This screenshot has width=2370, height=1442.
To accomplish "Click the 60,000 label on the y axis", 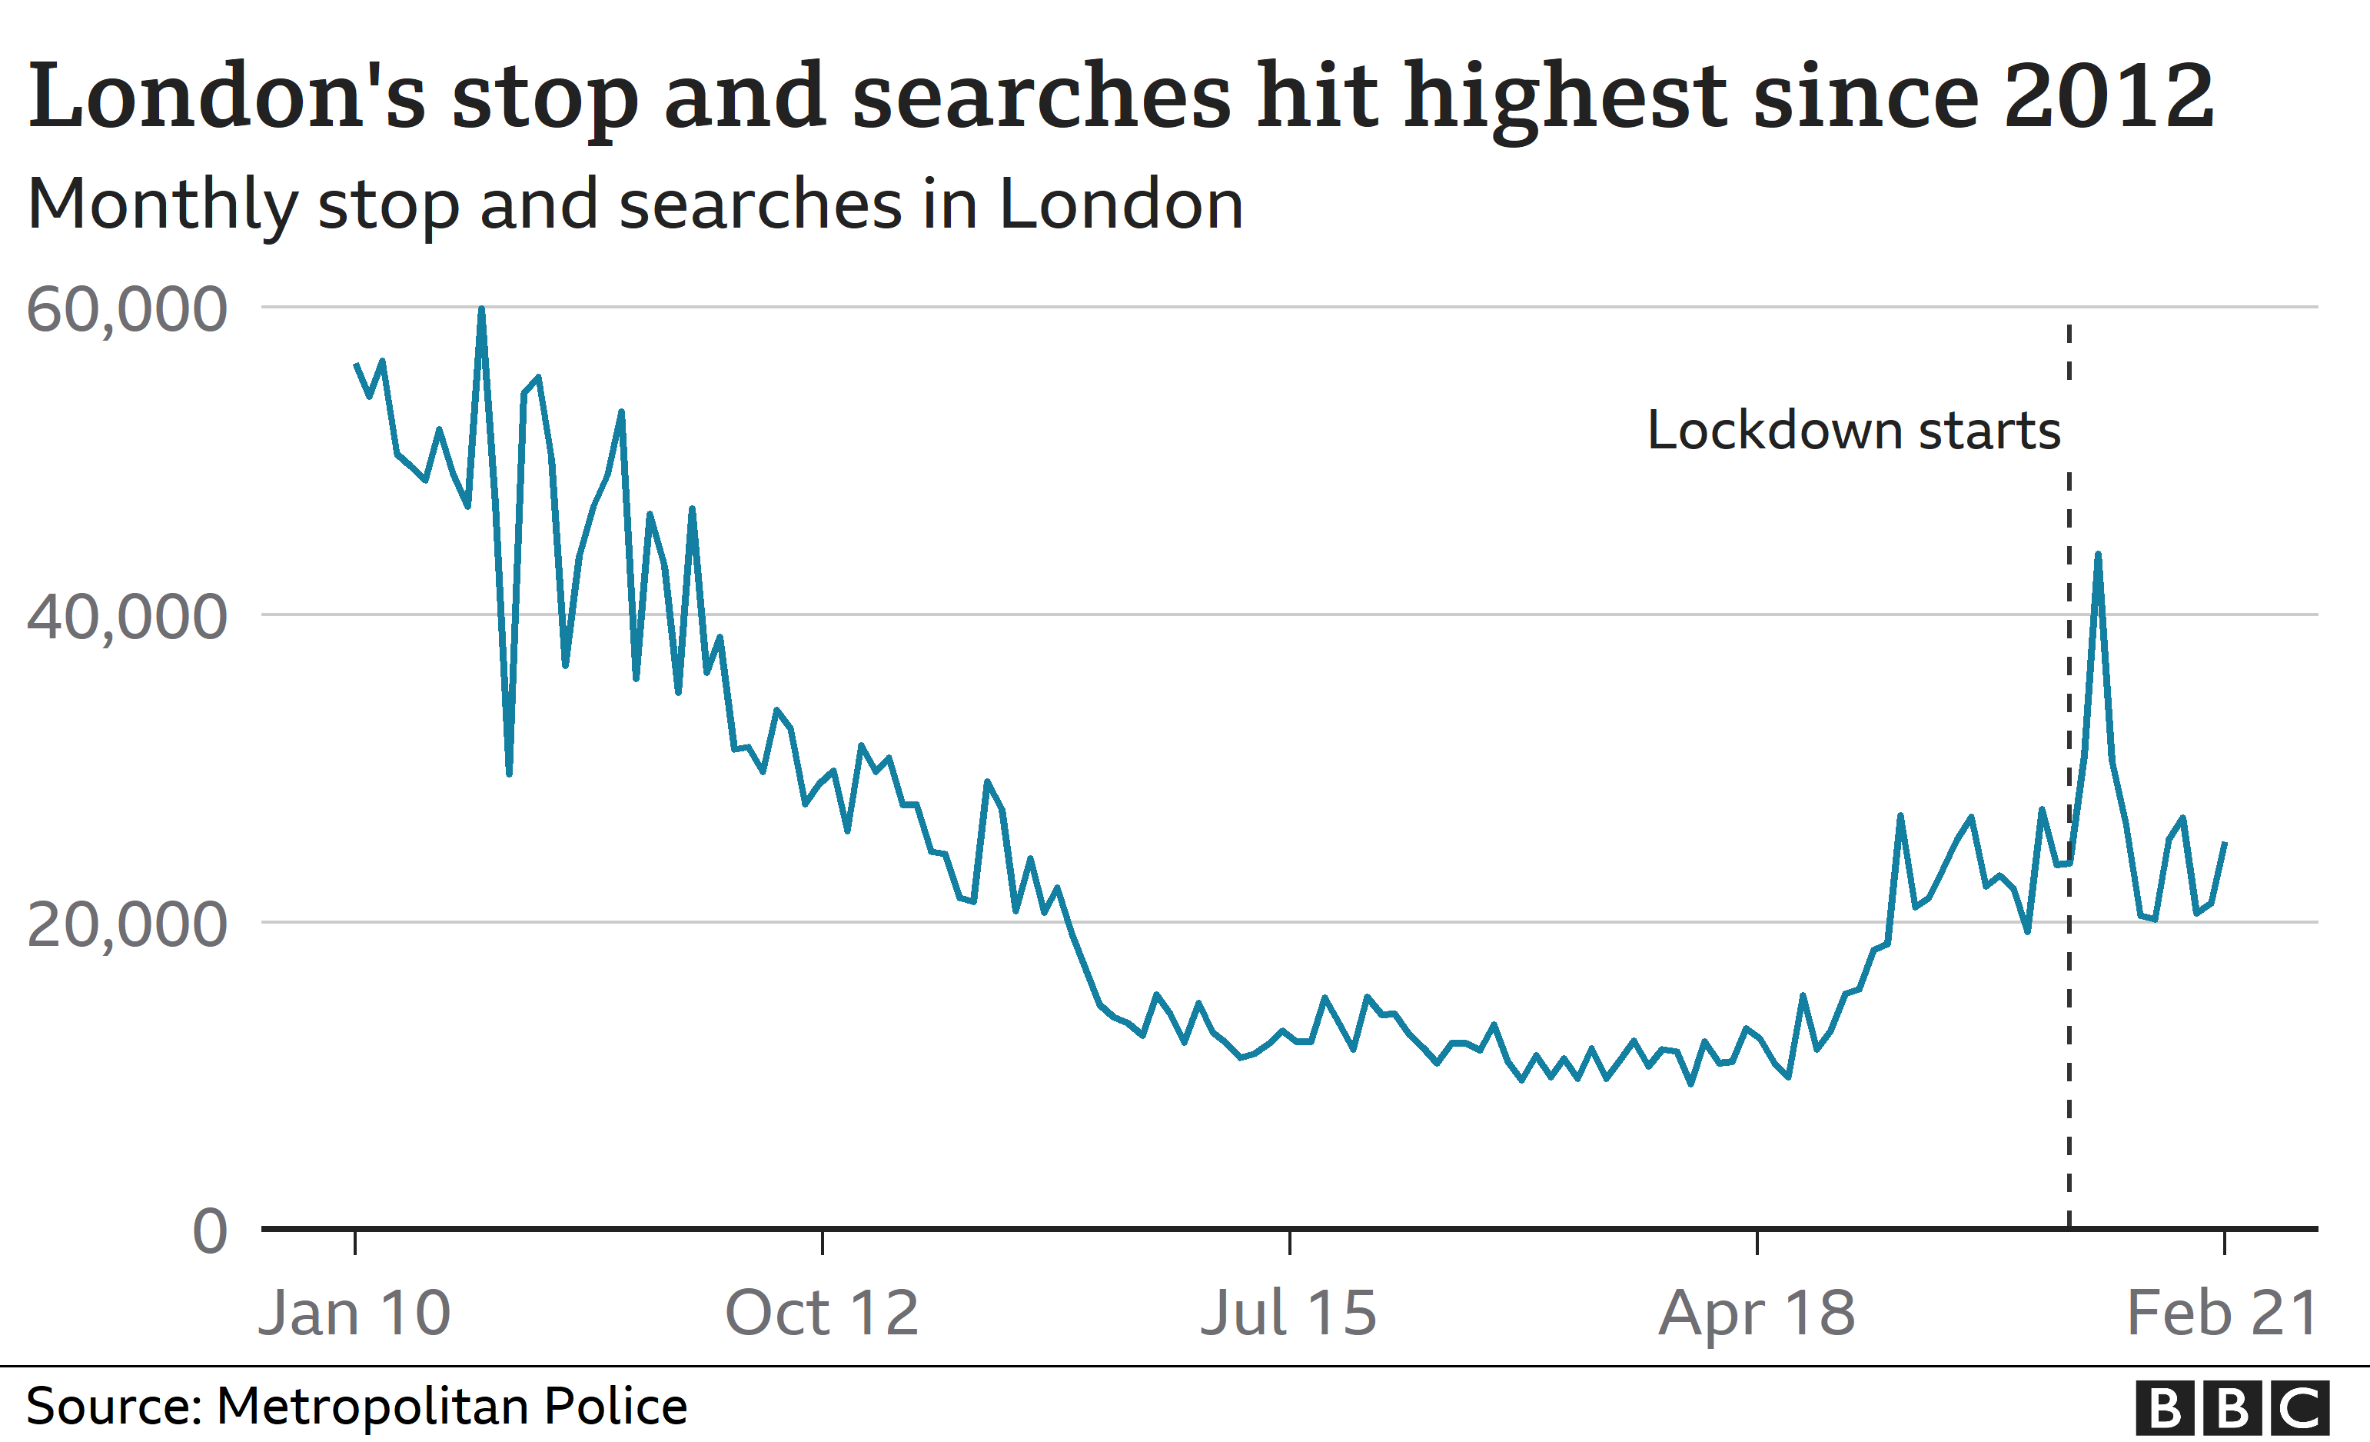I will point(127,310).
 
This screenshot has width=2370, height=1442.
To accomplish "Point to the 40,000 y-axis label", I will point(127,617).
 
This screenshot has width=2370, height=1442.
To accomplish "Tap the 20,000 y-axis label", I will point(127,924).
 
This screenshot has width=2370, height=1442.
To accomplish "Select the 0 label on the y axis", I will point(210,1231).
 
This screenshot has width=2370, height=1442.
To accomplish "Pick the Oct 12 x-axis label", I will point(822,1313).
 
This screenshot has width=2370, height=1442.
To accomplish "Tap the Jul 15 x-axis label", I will point(1289,1313).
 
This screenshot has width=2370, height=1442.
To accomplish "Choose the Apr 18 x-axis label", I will point(1757,1313).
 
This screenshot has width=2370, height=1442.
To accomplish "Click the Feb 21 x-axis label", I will point(2222,1313).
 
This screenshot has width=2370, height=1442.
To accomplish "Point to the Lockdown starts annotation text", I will point(1853,430).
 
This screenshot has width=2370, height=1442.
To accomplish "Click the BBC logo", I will point(2232,1408).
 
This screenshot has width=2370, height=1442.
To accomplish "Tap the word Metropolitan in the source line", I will point(373,1407).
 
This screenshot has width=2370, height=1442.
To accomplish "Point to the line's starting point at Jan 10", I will point(356,364).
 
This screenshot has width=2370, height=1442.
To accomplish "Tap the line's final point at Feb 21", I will point(2225,843).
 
